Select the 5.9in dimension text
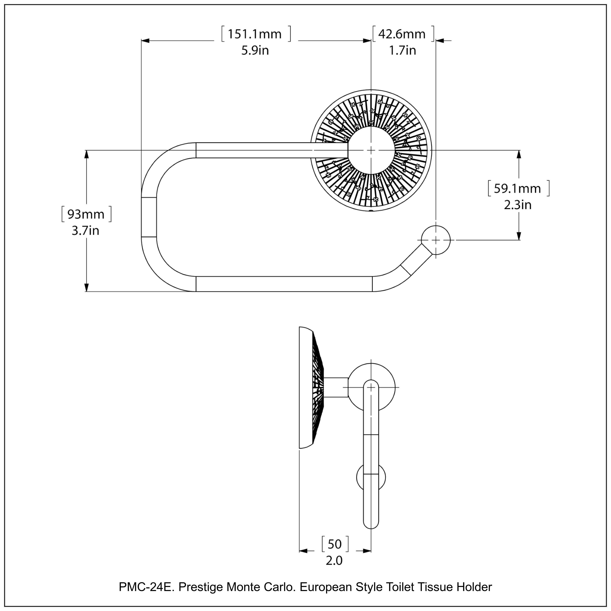255,51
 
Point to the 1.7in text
402,51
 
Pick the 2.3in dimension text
518,205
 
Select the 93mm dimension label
86,214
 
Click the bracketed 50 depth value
335,544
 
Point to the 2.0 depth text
334,561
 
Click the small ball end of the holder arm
436,240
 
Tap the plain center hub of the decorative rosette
371,151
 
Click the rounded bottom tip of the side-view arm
371,525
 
